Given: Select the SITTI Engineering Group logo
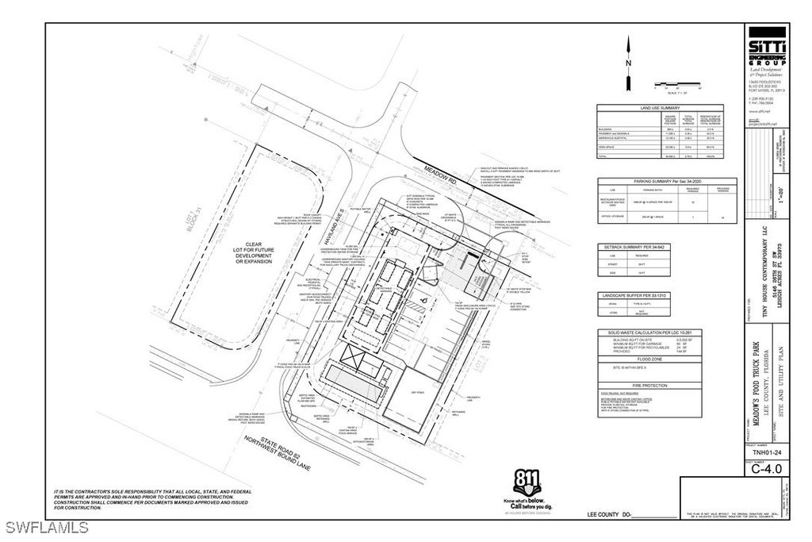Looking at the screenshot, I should coord(768,50).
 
